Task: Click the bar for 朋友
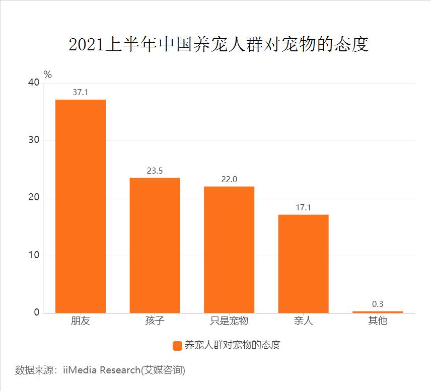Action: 81,206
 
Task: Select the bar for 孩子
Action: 155,245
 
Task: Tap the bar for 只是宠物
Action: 229,250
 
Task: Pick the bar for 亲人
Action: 303,264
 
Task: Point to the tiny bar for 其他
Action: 378,312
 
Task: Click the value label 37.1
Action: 81,93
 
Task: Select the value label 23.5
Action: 155,171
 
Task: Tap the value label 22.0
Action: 229,179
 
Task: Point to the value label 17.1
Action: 303,207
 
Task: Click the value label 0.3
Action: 378,304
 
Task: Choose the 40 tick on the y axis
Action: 33,83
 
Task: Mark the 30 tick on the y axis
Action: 33,140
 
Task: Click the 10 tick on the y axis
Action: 33,255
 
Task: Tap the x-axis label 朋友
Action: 81,321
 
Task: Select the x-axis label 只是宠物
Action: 229,321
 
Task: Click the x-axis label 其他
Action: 378,321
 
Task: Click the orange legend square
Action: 177,346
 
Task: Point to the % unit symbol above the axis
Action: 48,74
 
